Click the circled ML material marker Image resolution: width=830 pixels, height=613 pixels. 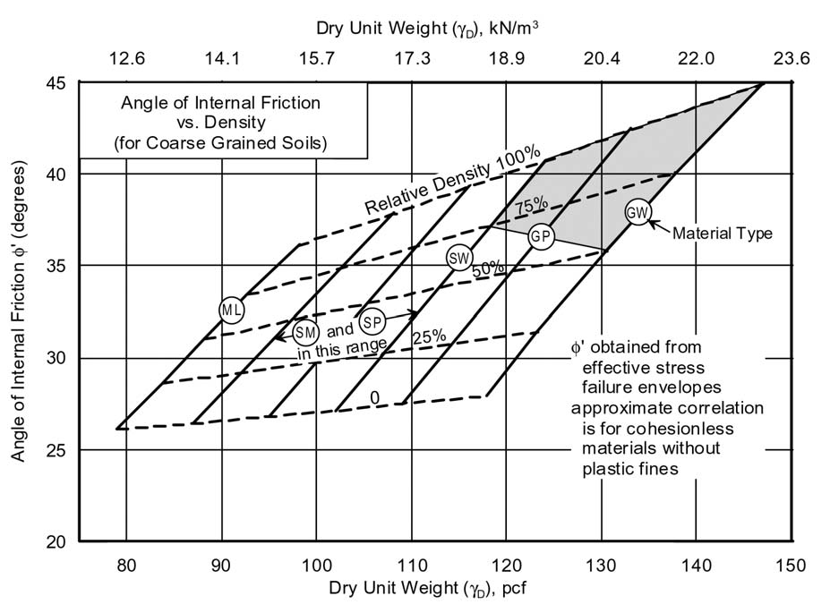click(x=232, y=309)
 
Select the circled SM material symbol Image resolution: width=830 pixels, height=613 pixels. click(x=305, y=331)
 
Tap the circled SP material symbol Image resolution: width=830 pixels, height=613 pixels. click(x=373, y=320)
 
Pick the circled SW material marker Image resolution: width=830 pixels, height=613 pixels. click(x=459, y=259)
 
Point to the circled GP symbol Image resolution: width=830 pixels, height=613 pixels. click(x=540, y=236)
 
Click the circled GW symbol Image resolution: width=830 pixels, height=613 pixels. click(x=638, y=212)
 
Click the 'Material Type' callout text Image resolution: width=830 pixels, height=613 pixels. click(x=723, y=234)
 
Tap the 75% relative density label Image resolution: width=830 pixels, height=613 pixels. click(x=531, y=205)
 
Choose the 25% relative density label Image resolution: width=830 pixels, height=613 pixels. click(x=429, y=336)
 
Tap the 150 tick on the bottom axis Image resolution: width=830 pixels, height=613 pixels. click(x=791, y=566)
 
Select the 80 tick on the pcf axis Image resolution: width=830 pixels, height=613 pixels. click(x=126, y=566)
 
